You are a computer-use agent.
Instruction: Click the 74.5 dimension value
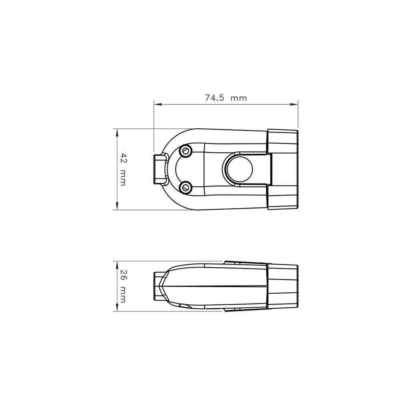(214, 98)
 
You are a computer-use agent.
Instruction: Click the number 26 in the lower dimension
(123, 276)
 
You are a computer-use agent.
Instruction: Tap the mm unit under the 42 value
(123, 177)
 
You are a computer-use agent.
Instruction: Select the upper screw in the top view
(185, 151)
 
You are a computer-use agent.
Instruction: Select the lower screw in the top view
(185, 187)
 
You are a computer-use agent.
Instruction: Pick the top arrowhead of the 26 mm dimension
(116, 263)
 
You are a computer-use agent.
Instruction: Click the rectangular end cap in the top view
(283, 169)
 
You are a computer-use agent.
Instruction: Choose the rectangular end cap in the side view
(282, 286)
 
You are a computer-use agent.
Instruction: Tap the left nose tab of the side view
(158, 285)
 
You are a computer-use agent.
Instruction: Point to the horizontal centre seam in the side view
(216, 286)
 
